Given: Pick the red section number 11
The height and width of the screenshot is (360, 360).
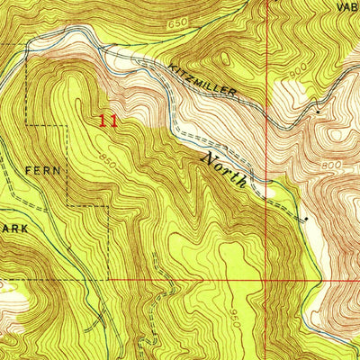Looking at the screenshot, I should tap(109, 119).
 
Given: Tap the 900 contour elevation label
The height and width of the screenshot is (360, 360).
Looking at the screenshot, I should tap(299, 90).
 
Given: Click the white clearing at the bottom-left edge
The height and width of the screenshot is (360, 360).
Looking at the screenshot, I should tap(7, 290).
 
